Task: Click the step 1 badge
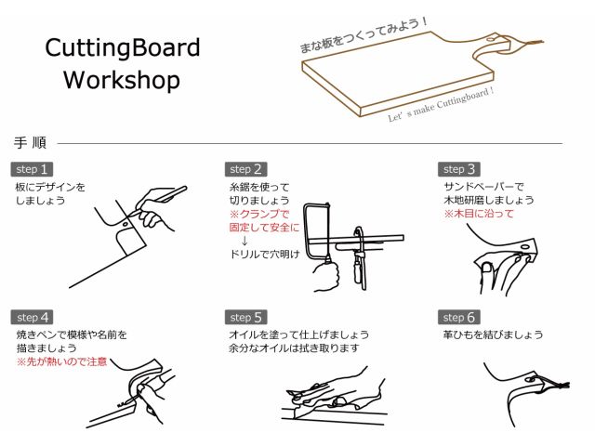(32, 169)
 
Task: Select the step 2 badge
(245, 169)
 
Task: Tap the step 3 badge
(459, 169)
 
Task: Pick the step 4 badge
(32, 317)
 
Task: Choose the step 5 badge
(245, 317)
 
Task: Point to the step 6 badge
(459, 317)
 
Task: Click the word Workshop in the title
(122, 81)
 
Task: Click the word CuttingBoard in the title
(123, 47)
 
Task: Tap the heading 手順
(30, 143)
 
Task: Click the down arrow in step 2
(245, 241)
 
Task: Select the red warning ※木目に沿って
(479, 214)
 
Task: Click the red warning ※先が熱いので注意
(61, 361)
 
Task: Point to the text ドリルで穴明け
(265, 254)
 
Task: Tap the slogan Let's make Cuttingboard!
(441, 104)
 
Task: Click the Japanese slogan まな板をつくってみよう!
(364, 35)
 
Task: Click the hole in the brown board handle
(491, 39)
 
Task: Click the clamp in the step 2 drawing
(359, 258)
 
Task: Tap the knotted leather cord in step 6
(551, 383)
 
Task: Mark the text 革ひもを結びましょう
(494, 334)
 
